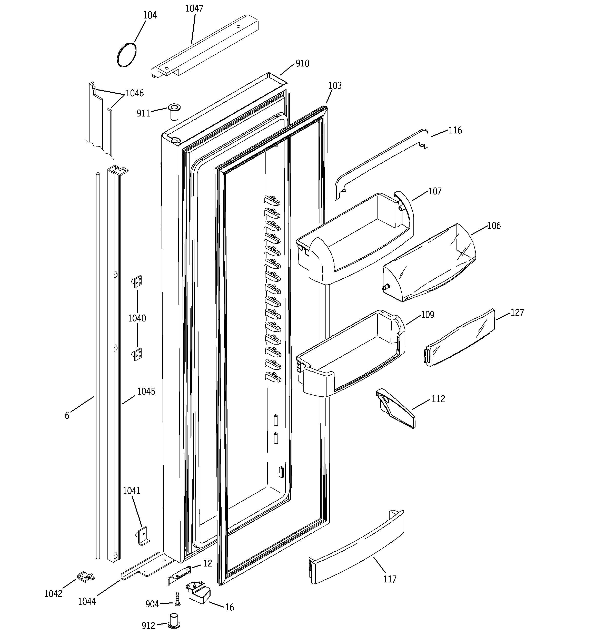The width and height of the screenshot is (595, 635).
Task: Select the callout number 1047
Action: click(194, 9)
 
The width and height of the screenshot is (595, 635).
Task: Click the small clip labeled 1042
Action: click(85, 577)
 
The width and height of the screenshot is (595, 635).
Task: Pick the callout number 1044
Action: click(87, 601)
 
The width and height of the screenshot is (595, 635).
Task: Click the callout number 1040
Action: click(137, 318)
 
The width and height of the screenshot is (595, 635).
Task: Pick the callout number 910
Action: click(302, 64)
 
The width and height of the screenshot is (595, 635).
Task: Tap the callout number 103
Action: click(335, 86)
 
